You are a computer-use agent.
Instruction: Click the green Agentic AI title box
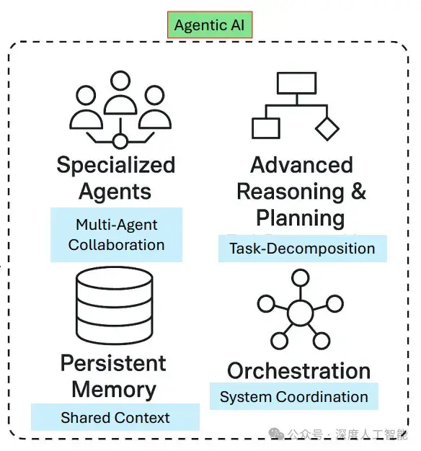click(210, 25)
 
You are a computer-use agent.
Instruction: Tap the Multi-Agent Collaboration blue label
click(116, 234)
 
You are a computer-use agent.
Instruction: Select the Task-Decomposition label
click(302, 249)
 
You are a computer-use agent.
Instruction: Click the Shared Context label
click(115, 417)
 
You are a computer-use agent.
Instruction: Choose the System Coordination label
click(293, 396)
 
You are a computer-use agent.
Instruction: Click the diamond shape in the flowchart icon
click(327, 128)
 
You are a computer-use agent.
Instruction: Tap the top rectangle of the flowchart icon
click(296, 84)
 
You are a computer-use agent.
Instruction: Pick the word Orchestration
click(298, 370)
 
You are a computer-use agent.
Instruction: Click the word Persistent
click(113, 362)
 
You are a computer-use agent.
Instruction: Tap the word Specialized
click(116, 165)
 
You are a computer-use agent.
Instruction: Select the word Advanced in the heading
click(301, 165)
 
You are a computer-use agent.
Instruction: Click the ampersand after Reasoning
click(358, 192)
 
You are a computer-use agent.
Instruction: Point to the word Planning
click(301, 218)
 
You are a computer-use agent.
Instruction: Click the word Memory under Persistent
click(114, 389)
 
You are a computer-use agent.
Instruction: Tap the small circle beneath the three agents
click(120, 140)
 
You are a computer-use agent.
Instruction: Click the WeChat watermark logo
click(276, 435)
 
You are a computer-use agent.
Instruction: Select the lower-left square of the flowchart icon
click(265, 128)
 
